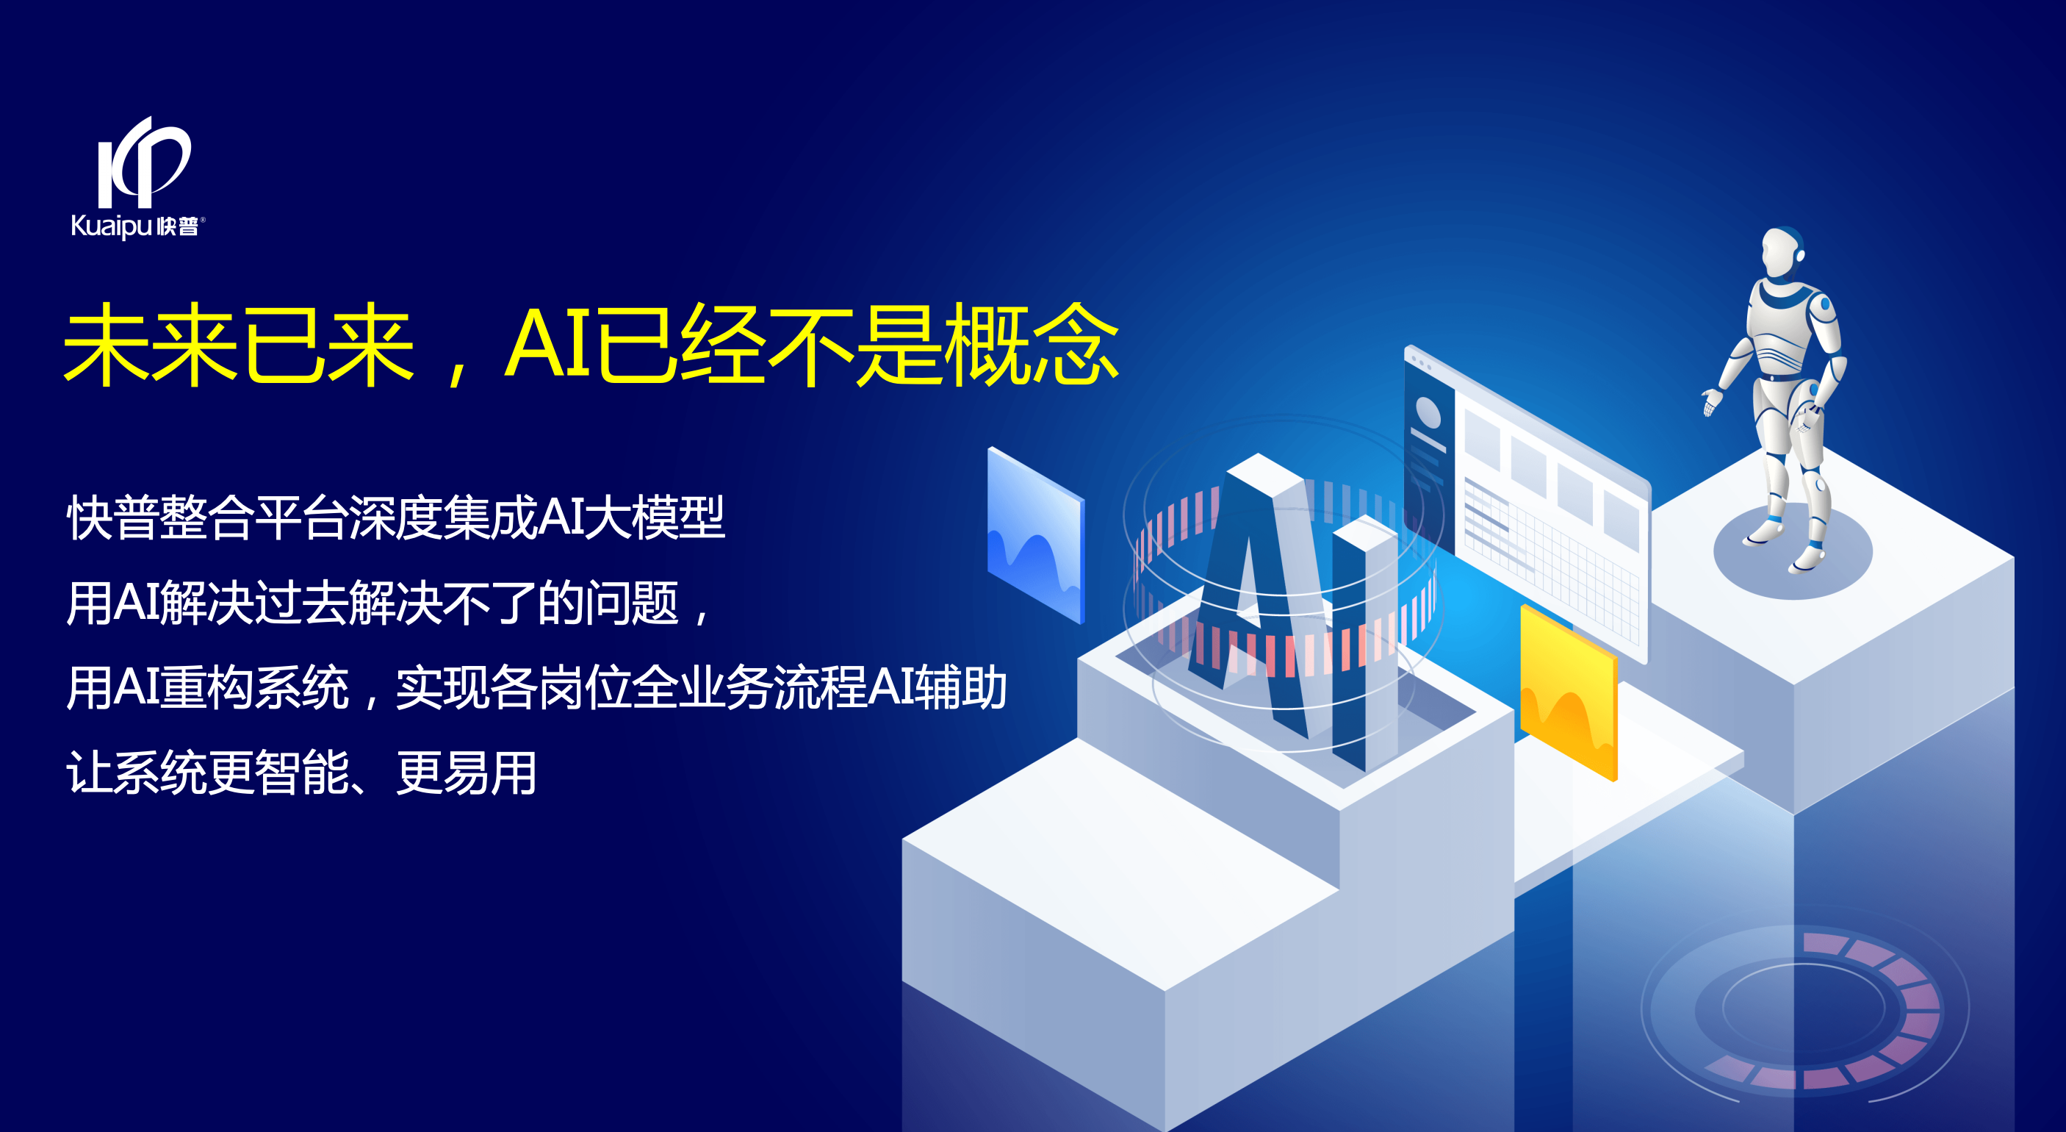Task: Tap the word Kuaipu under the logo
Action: (x=112, y=226)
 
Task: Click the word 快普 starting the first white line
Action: (x=112, y=517)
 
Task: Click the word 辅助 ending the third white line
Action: (x=961, y=687)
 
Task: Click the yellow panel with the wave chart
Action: (x=1569, y=692)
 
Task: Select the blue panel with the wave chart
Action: (x=1036, y=535)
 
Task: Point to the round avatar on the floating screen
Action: (x=1428, y=412)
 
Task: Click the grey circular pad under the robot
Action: (x=1793, y=551)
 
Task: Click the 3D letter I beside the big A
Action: (x=1364, y=642)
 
